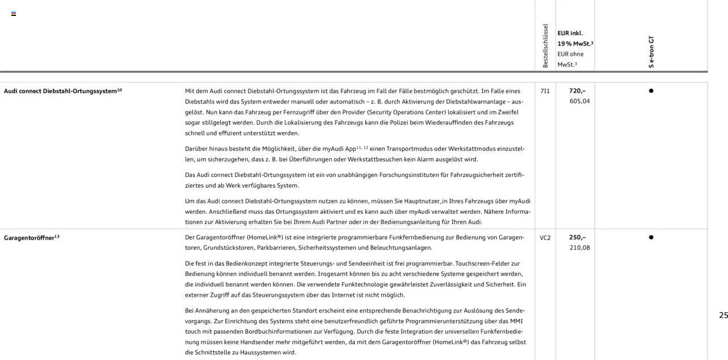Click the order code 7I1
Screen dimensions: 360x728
545,91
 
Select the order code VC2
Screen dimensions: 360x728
545,238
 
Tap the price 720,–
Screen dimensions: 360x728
577,91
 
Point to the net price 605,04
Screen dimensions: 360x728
580,101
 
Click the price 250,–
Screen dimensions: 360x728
577,238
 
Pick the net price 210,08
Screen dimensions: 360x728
580,248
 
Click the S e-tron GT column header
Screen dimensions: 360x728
651,52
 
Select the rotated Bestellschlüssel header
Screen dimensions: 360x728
545,46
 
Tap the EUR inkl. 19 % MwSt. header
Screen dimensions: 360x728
575,38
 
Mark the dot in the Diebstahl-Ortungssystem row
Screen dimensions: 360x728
651,91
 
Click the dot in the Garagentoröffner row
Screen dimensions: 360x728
651,238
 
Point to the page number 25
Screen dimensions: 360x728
723,315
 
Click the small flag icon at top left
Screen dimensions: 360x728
14,14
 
